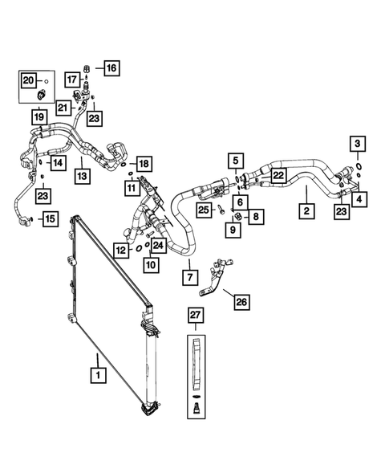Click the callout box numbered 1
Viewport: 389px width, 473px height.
click(97, 375)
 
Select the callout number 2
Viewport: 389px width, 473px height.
click(306, 212)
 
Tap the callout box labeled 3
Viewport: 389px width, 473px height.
click(358, 144)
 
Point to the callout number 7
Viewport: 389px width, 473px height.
click(189, 277)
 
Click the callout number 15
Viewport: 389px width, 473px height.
click(49, 218)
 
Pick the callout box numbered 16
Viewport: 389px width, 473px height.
click(110, 68)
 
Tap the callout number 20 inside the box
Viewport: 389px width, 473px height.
click(28, 80)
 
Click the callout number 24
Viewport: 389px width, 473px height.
click(159, 245)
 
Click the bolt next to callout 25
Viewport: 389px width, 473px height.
click(221, 211)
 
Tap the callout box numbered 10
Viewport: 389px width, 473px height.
click(151, 264)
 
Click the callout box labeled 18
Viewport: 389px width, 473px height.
click(144, 164)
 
